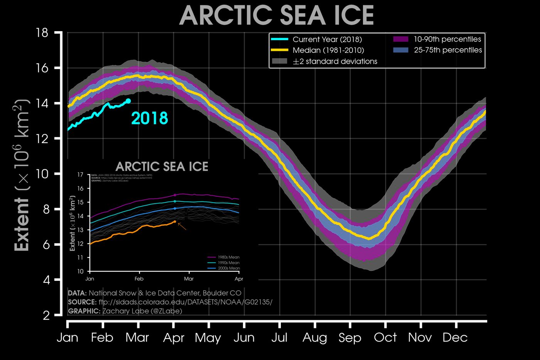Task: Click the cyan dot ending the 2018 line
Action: pyautogui.click(x=128, y=101)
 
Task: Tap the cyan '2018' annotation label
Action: pyautogui.click(x=150, y=118)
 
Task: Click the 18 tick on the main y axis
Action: pyautogui.click(x=42, y=32)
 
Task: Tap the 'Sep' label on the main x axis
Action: pyautogui.click(x=349, y=338)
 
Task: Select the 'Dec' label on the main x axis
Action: pyautogui.click(x=455, y=338)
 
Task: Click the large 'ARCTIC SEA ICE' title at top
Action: pyautogui.click(x=277, y=15)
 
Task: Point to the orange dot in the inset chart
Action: pyautogui.click(x=175, y=221)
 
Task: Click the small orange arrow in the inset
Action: pyautogui.click(x=182, y=226)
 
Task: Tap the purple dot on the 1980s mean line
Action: pyautogui.click(x=175, y=195)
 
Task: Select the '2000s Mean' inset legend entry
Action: pyautogui.click(x=229, y=268)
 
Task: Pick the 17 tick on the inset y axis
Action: pyautogui.click(x=80, y=175)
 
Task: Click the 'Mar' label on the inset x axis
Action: pyautogui.click(x=189, y=279)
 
